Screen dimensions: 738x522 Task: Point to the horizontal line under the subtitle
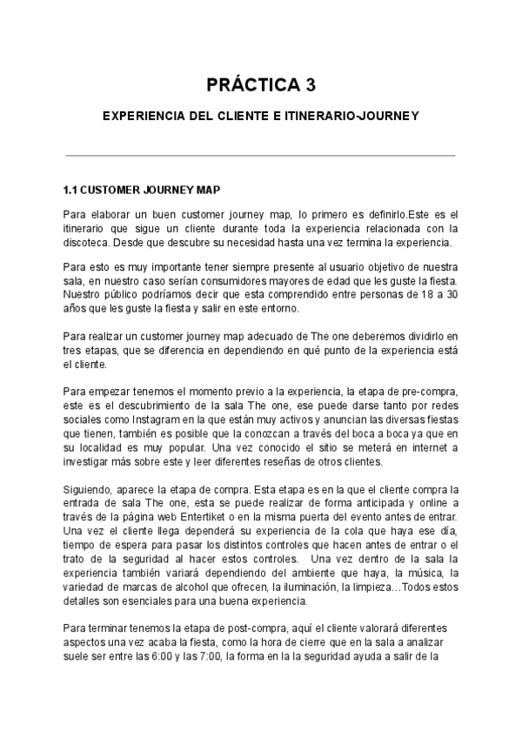pos(260,156)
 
